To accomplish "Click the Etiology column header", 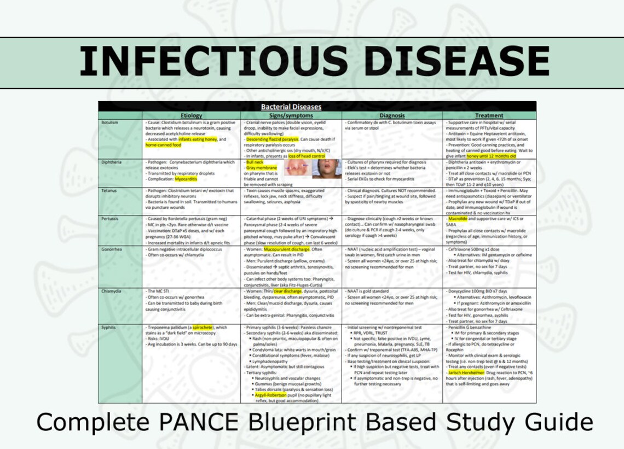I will tap(191, 115).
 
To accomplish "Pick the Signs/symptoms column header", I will tap(291, 115).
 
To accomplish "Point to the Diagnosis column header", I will tap(392, 115).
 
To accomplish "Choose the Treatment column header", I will tap(489, 115).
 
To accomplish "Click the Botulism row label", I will tap(110, 123).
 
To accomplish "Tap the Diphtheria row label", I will tap(112, 162).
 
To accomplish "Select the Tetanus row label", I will tap(109, 191).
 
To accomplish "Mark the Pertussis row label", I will tap(111, 219).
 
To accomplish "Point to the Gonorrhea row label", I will tap(112, 249).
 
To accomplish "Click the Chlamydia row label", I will tap(112, 291).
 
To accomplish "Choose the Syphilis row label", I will tap(109, 327).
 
